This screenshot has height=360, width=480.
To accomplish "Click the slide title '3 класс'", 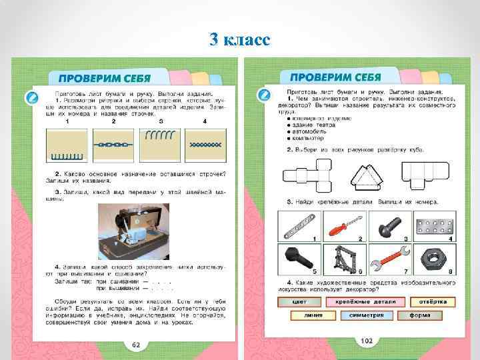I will pyautogui.click(x=239, y=40).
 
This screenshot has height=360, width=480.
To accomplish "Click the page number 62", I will pyautogui.click(x=135, y=345).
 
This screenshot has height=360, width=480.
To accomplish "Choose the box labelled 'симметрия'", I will pyautogui.click(x=362, y=315).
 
